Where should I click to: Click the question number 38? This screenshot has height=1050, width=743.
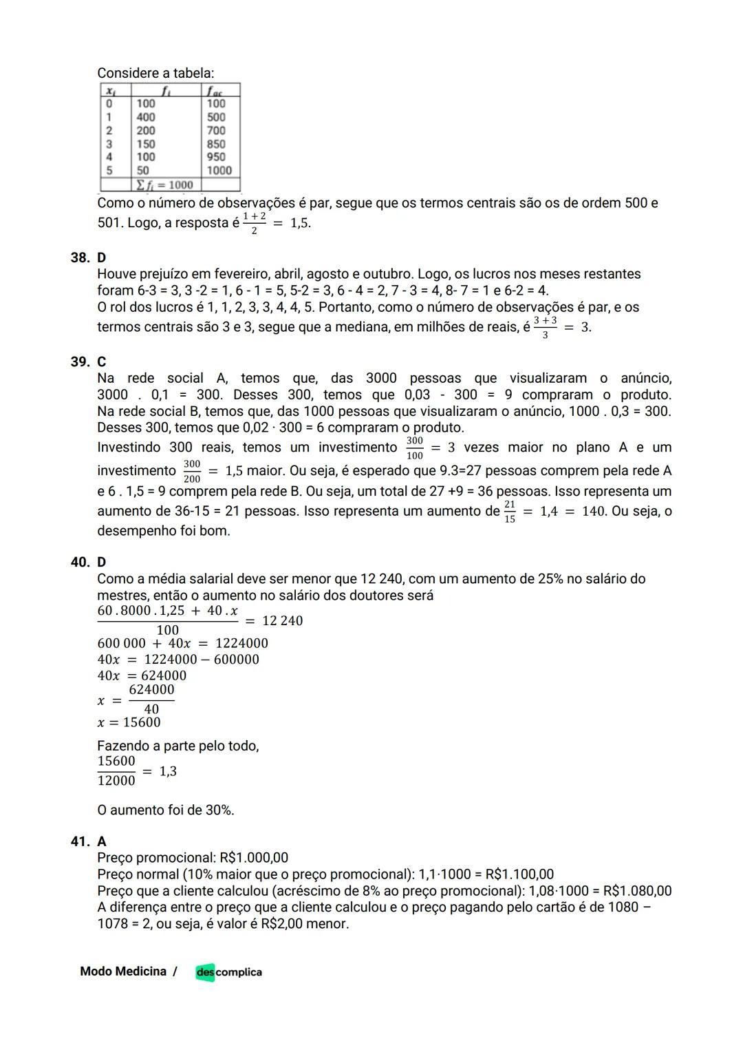79,258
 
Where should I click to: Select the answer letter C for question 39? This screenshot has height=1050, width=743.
102,362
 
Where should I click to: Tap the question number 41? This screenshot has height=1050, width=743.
79,841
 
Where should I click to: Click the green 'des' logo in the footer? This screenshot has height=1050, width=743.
205,972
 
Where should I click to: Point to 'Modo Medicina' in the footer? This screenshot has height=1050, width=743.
123,972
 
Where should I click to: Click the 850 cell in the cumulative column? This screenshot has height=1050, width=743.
215,144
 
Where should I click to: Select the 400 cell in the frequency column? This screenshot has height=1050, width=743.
146,117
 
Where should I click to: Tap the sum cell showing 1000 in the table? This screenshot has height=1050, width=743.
164,185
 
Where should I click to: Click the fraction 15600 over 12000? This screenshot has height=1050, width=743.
116,770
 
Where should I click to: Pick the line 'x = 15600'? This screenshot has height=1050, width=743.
129,722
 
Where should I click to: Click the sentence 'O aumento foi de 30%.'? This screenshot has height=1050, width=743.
166,810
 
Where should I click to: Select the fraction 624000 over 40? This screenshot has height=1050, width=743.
151,699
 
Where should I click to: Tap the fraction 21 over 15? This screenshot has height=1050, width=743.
509,512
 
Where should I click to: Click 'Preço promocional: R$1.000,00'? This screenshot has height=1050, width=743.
193,858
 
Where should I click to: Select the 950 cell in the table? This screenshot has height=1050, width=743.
215,157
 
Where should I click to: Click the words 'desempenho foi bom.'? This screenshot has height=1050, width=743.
164,532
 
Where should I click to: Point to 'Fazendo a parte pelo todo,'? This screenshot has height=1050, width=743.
178,746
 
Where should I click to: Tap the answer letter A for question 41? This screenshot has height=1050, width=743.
102,841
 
